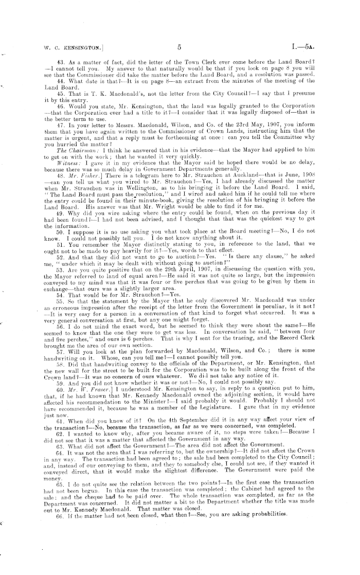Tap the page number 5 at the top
pos(179,48)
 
